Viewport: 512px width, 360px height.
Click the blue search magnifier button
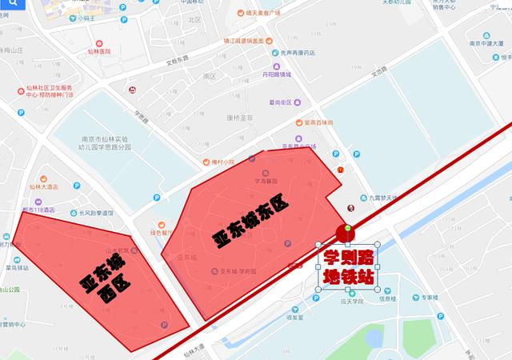click(12, 12)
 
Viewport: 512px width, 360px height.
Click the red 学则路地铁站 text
click(349, 269)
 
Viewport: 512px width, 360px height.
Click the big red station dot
click(346, 234)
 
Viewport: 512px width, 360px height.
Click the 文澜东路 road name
click(182, 60)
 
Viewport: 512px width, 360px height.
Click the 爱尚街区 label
click(280, 102)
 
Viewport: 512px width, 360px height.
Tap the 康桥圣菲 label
click(238, 117)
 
